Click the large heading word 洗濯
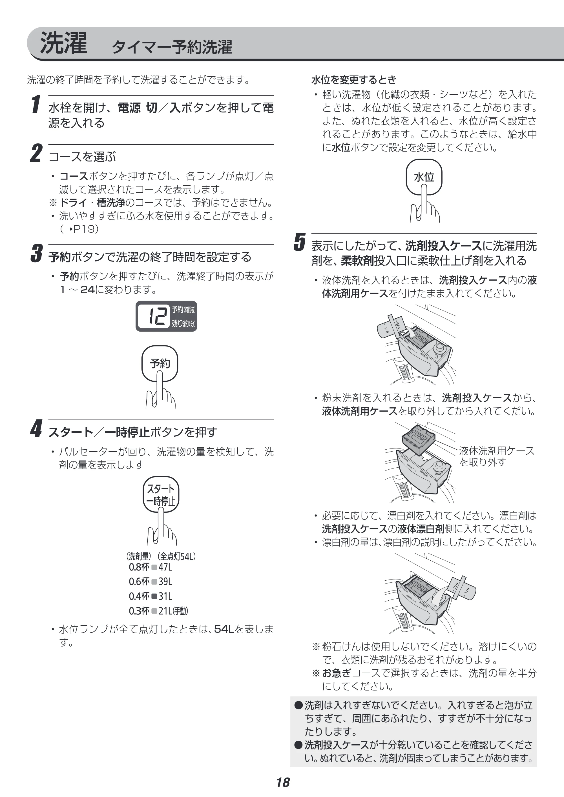pyautogui.click(x=63, y=43)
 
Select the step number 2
pyautogui.click(x=36, y=154)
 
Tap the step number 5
pyautogui.click(x=299, y=242)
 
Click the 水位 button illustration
pyautogui.click(x=424, y=177)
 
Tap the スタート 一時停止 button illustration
pyautogui.click(x=161, y=494)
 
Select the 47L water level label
pyautogui.click(x=165, y=567)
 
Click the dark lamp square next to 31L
pyautogui.click(x=154, y=596)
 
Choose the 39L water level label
pyautogui.click(x=165, y=582)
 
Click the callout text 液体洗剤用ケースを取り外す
pyautogui.click(x=497, y=456)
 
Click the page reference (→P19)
pyautogui.click(x=79, y=229)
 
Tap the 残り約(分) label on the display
pyautogui.click(x=184, y=323)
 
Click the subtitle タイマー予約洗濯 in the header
pyautogui.click(x=172, y=47)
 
